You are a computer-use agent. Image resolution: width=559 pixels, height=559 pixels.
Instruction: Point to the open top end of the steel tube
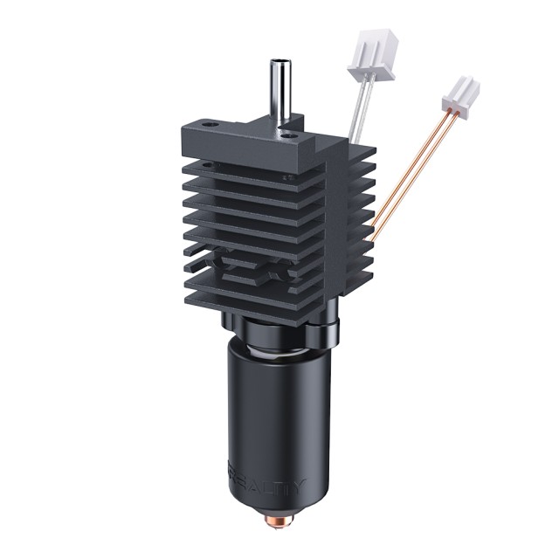(279, 63)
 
